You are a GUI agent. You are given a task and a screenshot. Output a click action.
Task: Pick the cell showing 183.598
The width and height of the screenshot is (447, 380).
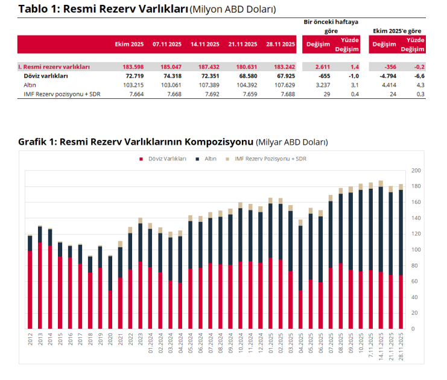point(132,67)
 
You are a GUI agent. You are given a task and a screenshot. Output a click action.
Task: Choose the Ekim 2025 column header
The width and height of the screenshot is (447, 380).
point(130,44)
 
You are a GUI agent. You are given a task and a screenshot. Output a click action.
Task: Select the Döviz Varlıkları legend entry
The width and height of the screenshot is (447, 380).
point(164,158)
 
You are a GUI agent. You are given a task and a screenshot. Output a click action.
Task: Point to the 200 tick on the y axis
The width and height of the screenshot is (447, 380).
point(415,171)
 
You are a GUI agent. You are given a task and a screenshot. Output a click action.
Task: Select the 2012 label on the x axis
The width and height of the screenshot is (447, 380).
point(30,337)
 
